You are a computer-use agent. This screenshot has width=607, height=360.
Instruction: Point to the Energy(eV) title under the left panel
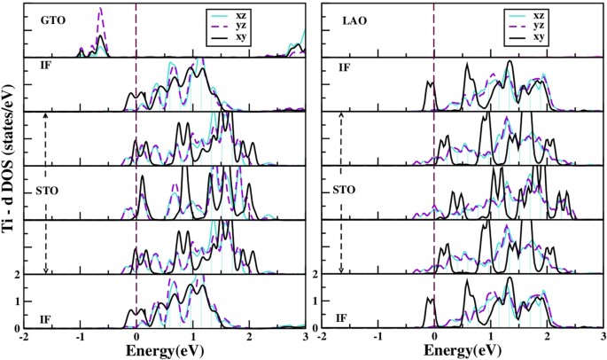(x=163, y=349)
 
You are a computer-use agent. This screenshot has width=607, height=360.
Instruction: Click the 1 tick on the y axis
(x=18, y=302)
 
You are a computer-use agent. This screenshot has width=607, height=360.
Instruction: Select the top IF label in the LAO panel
(x=338, y=67)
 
